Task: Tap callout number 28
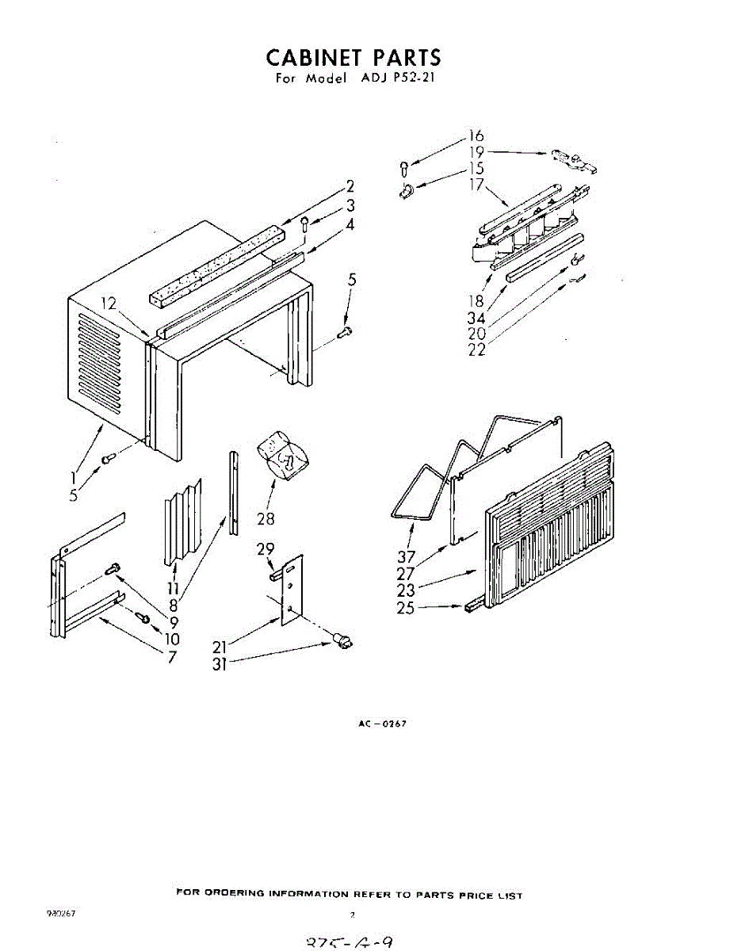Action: [x=266, y=519]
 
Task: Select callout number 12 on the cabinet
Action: [x=109, y=303]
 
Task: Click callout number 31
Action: [x=220, y=665]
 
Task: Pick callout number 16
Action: [x=476, y=136]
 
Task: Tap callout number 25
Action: [x=405, y=609]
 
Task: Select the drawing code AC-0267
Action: [x=382, y=724]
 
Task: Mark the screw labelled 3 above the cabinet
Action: [x=305, y=225]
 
